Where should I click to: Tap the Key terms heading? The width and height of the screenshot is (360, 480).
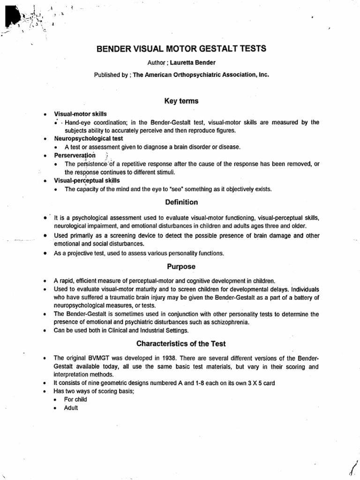click(x=181, y=101)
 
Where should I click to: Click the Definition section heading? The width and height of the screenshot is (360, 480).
click(x=181, y=202)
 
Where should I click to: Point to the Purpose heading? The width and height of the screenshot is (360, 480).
click(x=181, y=266)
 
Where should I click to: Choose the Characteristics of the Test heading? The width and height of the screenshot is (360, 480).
click(x=181, y=344)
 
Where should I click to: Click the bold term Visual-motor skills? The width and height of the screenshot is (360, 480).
click(x=81, y=114)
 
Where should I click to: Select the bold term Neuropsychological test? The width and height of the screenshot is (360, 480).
click(x=89, y=139)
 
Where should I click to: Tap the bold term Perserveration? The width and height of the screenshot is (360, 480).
click(x=75, y=155)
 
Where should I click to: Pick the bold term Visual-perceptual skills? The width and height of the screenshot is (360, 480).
click(x=87, y=180)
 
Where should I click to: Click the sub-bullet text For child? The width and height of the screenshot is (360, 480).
click(x=76, y=399)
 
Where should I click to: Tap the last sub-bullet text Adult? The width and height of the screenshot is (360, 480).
click(x=71, y=408)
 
